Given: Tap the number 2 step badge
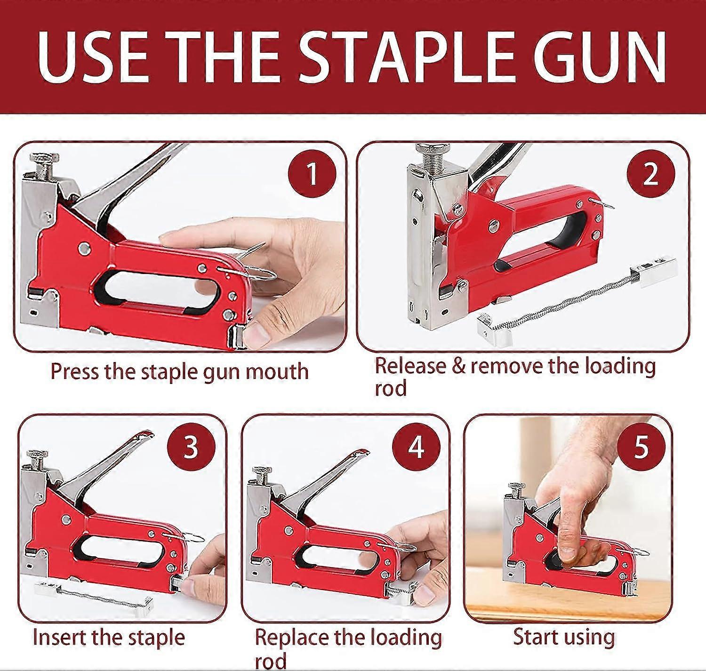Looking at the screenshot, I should pos(651,174).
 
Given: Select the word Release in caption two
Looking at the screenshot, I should pos(410,366).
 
